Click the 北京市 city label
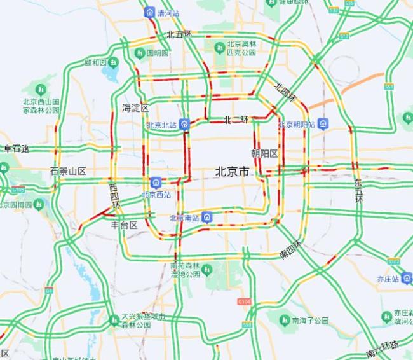coord(232,171)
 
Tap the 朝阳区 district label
coord(264,154)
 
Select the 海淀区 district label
coord(135,108)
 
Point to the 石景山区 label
coord(68,171)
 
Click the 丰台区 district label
coord(124,225)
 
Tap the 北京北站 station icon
coord(184,124)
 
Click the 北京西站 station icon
coord(156,183)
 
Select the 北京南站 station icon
coord(207,218)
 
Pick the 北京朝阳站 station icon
coord(323,124)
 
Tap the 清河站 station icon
coord(149,12)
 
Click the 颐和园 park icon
coord(113,62)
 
